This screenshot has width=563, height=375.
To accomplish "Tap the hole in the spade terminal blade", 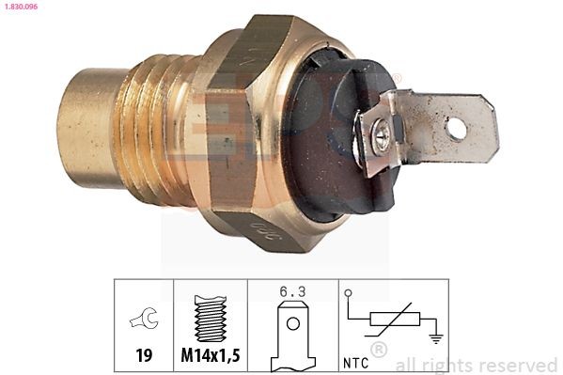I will [x=456, y=127].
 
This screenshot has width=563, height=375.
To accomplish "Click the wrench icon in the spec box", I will [x=144, y=320].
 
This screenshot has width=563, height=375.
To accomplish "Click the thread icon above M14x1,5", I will [x=210, y=320].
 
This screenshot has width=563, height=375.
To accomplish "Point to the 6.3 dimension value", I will [x=293, y=292].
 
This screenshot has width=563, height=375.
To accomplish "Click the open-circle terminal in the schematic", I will [x=349, y=294].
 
